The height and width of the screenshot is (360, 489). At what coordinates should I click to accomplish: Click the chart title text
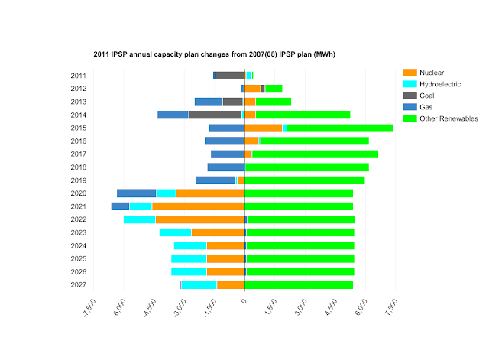coord(215,54)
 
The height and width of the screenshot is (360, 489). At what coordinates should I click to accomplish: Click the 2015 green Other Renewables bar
coord(339,128)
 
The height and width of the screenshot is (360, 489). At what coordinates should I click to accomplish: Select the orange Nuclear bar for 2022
coord(199,219)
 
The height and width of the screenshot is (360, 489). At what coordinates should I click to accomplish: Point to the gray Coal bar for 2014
coord(215,115)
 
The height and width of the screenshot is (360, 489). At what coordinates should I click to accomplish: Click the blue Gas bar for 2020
coord(136,193)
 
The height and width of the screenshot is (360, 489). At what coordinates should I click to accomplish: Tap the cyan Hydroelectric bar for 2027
coord(199,285)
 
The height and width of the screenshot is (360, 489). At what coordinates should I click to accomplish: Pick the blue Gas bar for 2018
coord(226,167)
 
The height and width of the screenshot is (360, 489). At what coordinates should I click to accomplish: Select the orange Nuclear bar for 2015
coord(264,128)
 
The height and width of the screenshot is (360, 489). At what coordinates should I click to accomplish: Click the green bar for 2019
coord(305,180)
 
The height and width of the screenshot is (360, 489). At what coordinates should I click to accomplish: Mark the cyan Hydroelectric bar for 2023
coord(175,232)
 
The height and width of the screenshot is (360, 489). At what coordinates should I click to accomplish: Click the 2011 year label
coord(78,76)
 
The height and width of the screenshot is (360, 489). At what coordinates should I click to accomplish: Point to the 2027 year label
coord(78,285)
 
